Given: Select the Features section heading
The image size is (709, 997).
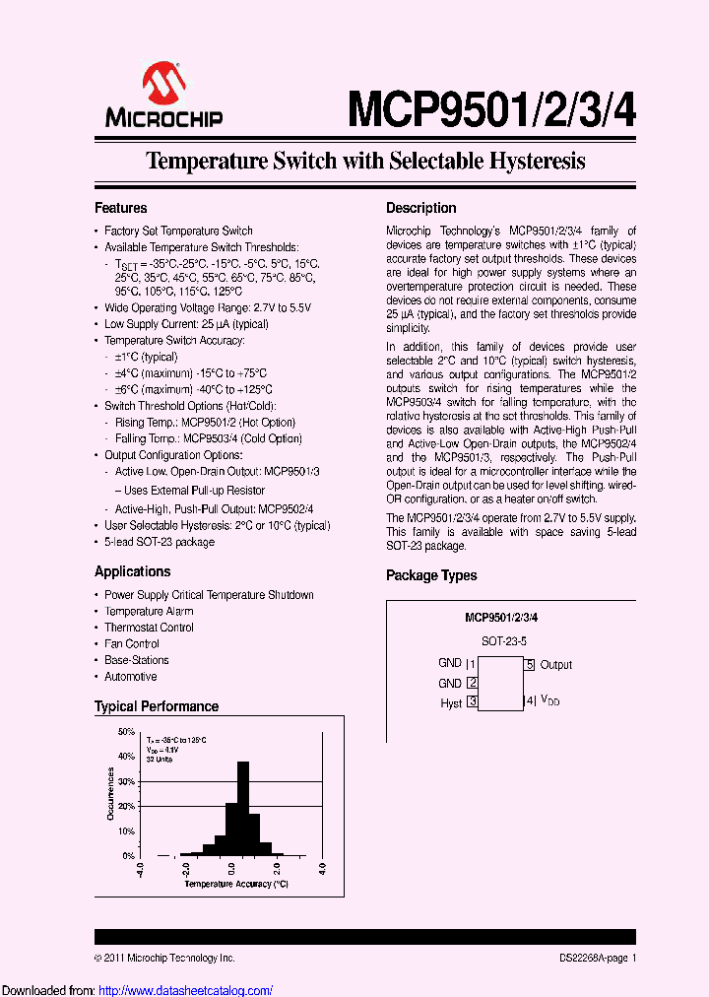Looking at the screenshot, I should click(121, 208).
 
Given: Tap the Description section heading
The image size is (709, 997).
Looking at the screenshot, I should click(420, 208).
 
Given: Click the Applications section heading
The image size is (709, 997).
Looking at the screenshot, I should click(132, 571).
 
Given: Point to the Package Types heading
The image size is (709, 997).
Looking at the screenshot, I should click(431, 575).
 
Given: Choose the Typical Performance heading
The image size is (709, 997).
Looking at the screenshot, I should click(157, 706).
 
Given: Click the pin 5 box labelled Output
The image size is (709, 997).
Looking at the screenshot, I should click(530, 665).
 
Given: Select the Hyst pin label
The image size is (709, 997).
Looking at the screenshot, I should click(451, 703).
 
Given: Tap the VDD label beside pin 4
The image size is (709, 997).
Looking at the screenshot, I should click(549, 701).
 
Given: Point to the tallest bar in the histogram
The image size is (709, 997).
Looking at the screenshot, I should click(241, 808).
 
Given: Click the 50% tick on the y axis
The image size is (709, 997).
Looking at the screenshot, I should click(126, 732).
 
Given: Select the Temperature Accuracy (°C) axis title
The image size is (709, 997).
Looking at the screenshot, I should click(235, 884).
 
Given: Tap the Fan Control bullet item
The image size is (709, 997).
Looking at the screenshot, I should click(132, 643).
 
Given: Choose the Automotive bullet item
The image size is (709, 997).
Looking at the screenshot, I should click(131, 677).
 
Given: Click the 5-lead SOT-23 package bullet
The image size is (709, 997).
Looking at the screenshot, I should click(159, 542).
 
